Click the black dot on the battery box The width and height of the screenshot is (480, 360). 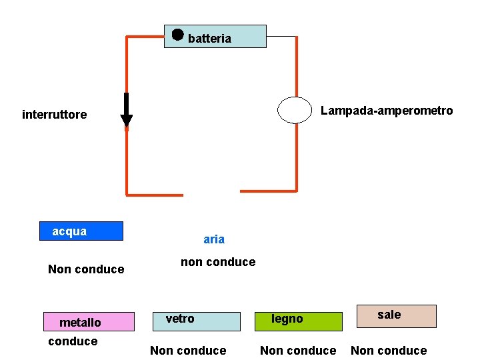click(x=177, y=35)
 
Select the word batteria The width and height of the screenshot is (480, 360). click(x=209, y=39)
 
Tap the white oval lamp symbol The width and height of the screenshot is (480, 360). click(x=295, y=110)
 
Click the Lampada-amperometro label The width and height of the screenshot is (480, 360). click(x=387, y=111)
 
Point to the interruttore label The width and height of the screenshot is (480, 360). click(x=54, y=115)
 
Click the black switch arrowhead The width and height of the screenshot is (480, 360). click(x=126, y=120)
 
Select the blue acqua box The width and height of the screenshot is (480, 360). click(x=81, y=231)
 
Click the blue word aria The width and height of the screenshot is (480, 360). click(x=214, y=239)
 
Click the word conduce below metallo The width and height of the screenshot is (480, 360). click(x=73, y=341)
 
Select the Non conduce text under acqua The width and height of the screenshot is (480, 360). click(x=86, y=269)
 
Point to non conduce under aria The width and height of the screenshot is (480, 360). click(x=218, y=262)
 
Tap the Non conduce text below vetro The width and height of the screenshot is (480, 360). click(x=188, y=351)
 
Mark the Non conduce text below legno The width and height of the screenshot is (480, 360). click(x=298, y=351)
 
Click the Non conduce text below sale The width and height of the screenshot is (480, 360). click(x=389, y=351)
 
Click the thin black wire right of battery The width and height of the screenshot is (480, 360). click(x=281, y=36)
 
